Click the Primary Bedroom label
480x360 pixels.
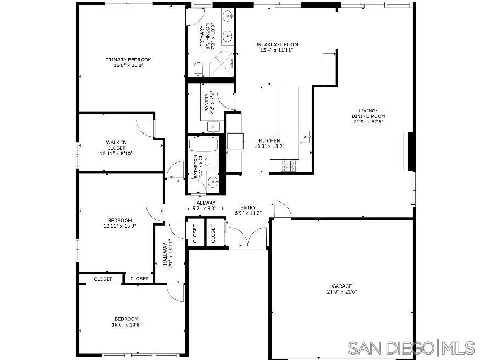coord(128,60)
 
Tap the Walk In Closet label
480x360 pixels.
coord(116,143)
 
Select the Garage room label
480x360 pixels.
coord(342,286)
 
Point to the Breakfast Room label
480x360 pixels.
coord(276,44)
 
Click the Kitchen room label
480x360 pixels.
coord(267,140)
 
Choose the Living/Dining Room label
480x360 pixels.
coord(368,113)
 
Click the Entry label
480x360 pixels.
coord(248,207)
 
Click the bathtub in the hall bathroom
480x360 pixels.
coord(204,145)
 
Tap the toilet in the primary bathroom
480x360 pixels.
coord(198,68)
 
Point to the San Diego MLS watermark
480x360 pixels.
coord(411,347)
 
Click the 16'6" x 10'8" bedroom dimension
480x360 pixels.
coord(126,325)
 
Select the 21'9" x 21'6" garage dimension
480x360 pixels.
coord(342,292)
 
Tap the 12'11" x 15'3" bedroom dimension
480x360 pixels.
coord(120,226)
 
